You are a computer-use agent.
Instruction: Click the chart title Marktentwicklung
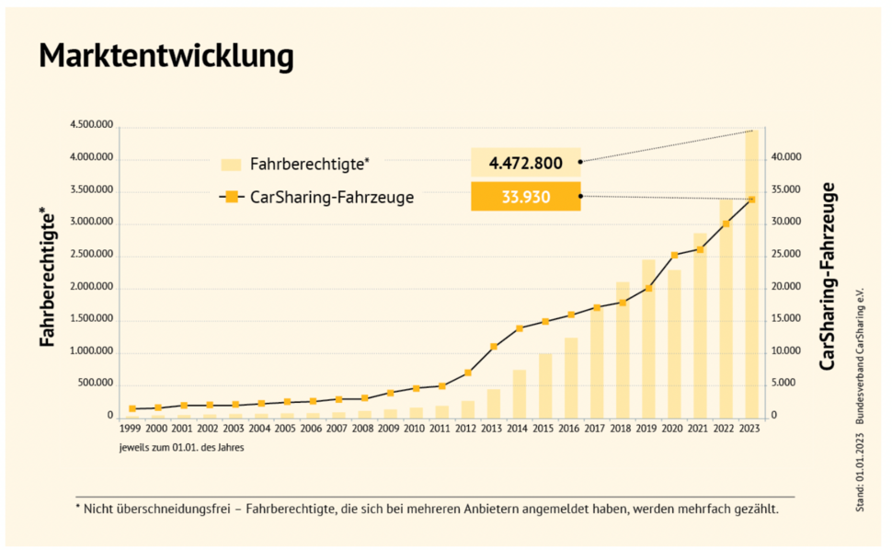[x=166, y=57]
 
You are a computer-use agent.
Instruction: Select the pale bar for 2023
[x=752, y=276]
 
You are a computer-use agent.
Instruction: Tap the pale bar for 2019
[x=649, y=340]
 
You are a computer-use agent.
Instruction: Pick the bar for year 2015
[x=545, y=386]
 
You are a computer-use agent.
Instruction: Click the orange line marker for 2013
[x=494, y=347]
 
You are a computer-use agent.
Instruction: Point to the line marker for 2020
[x=675, y=255]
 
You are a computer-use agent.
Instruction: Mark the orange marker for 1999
[x=132, y=408]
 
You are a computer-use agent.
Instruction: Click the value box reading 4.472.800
[x=526, y=163]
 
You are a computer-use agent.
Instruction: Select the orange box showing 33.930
[x=526, y=196]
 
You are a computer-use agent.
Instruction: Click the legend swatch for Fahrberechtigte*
[x=231, y=164]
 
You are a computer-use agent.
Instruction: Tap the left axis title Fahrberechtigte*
[x=47, y=276]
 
